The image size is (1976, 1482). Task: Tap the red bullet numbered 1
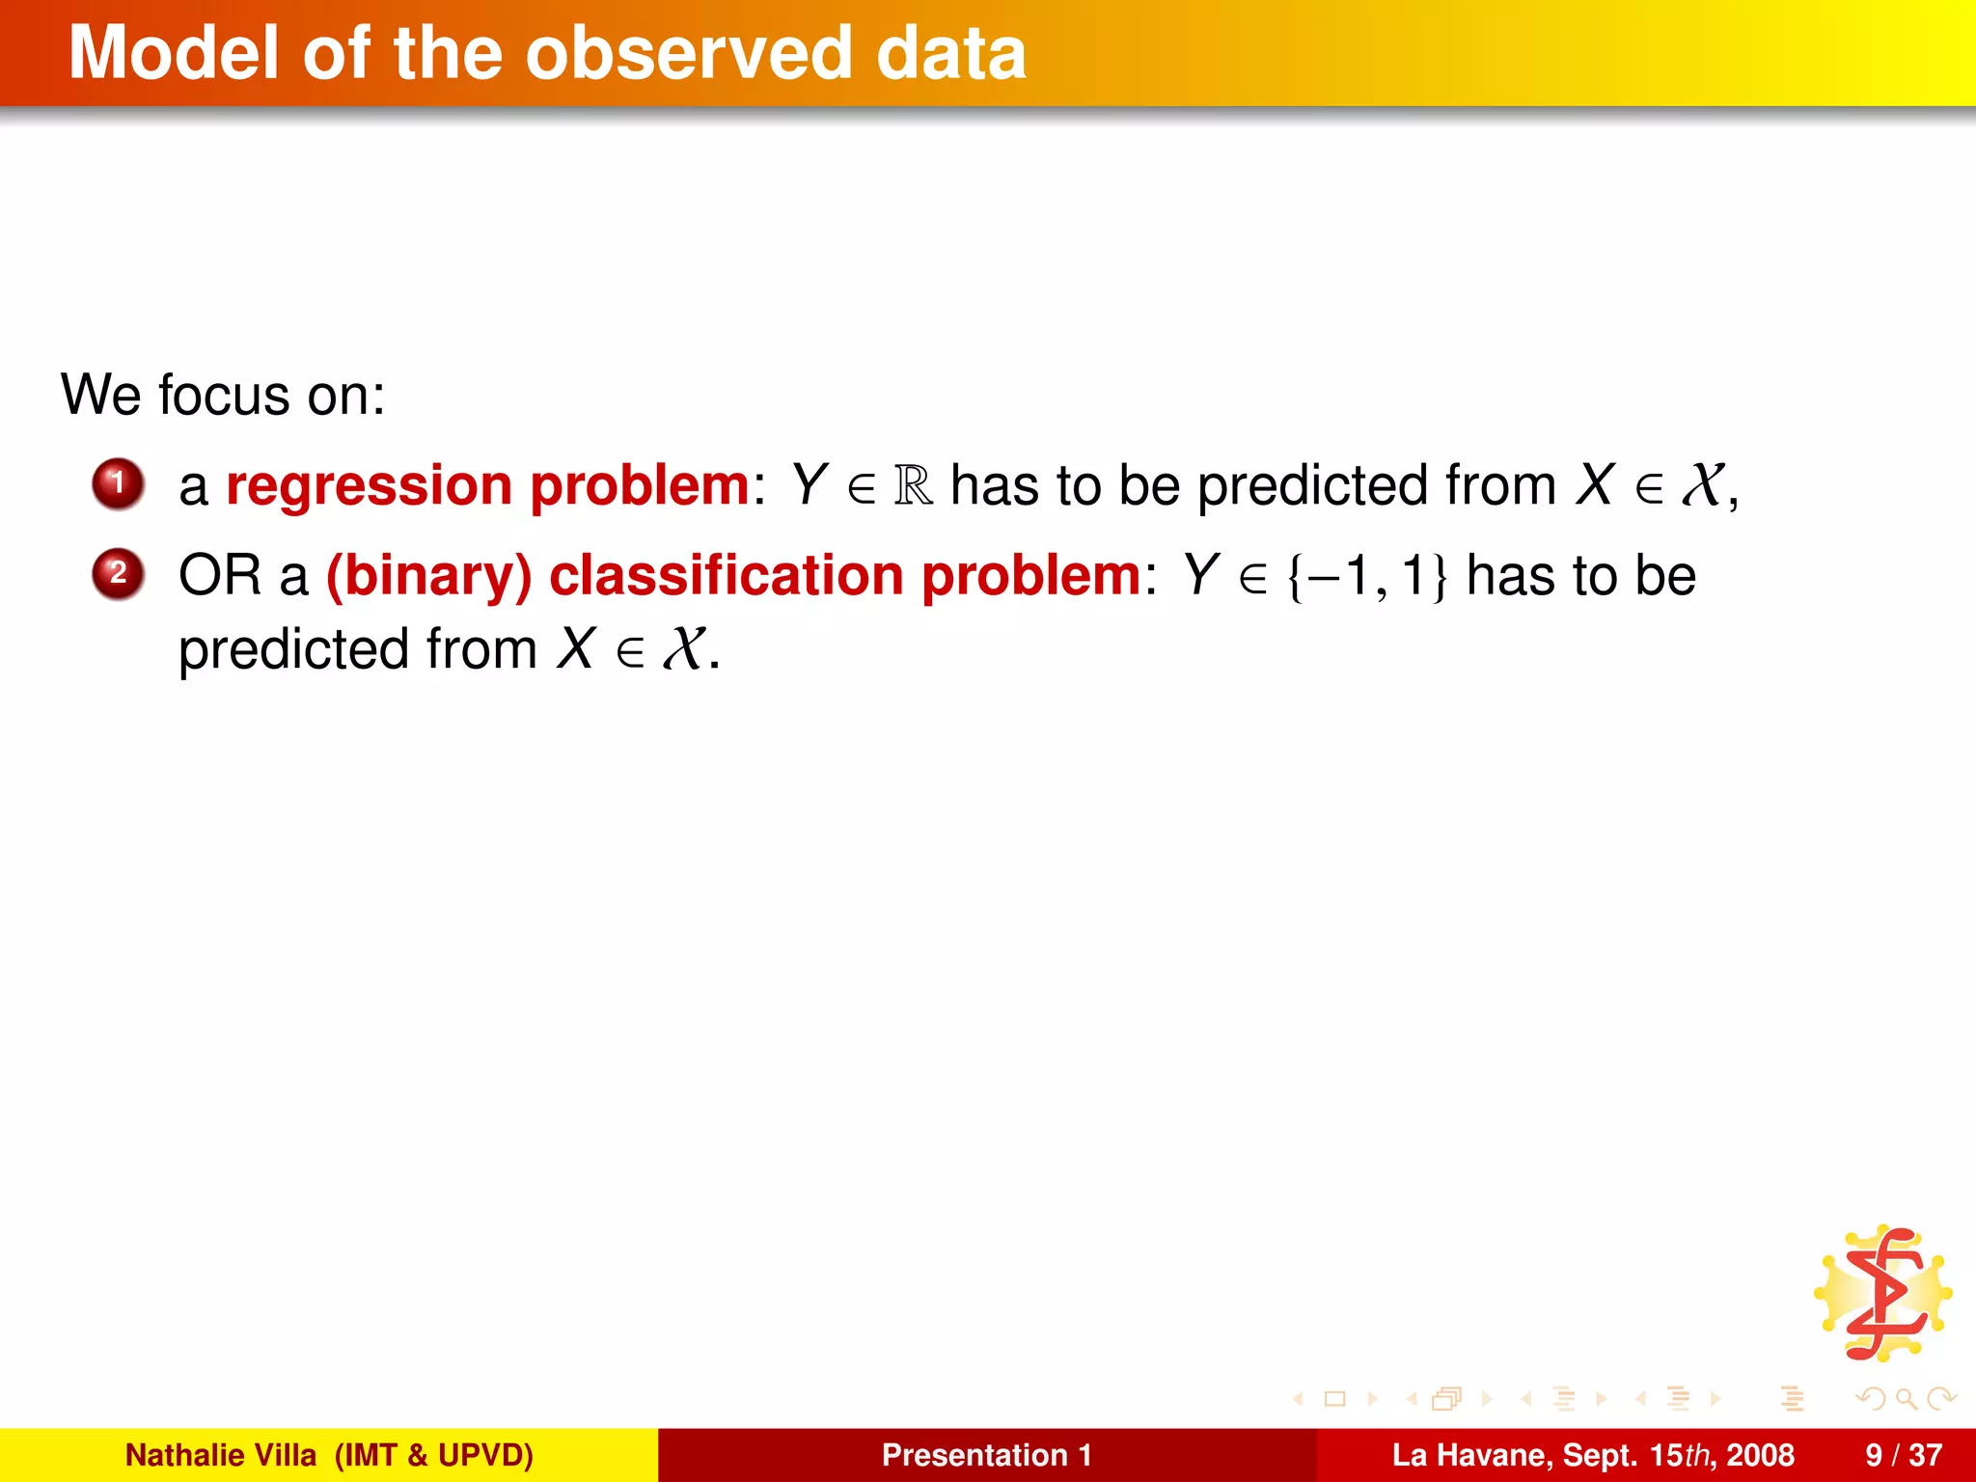point(118,482)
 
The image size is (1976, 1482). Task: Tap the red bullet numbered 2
point(118,573)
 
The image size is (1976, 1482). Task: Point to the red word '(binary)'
point(428,575)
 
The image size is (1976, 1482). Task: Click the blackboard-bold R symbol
point(913,485)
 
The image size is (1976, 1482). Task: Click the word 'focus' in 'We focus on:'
point(224,396)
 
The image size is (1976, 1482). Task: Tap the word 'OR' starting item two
point(220,575)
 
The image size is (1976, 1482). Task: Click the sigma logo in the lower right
point(1883,1294)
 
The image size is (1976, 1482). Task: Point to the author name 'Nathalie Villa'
point(220,1455)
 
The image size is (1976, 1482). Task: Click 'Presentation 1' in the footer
point(986,1455)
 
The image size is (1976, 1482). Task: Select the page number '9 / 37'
point(1903,1455)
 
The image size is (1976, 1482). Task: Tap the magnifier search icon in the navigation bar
point(1906,1398)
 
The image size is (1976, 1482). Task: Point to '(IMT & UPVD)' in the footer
point(433,1455)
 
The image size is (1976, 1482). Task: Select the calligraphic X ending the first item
point(1702,485)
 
